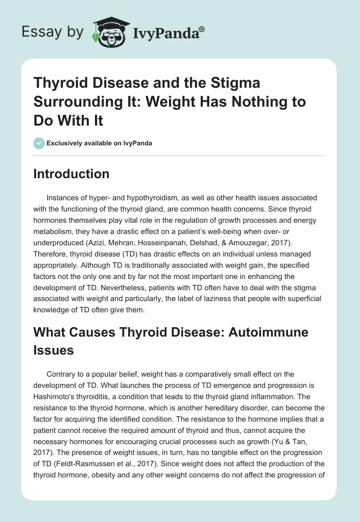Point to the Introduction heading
tap(71, 174)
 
